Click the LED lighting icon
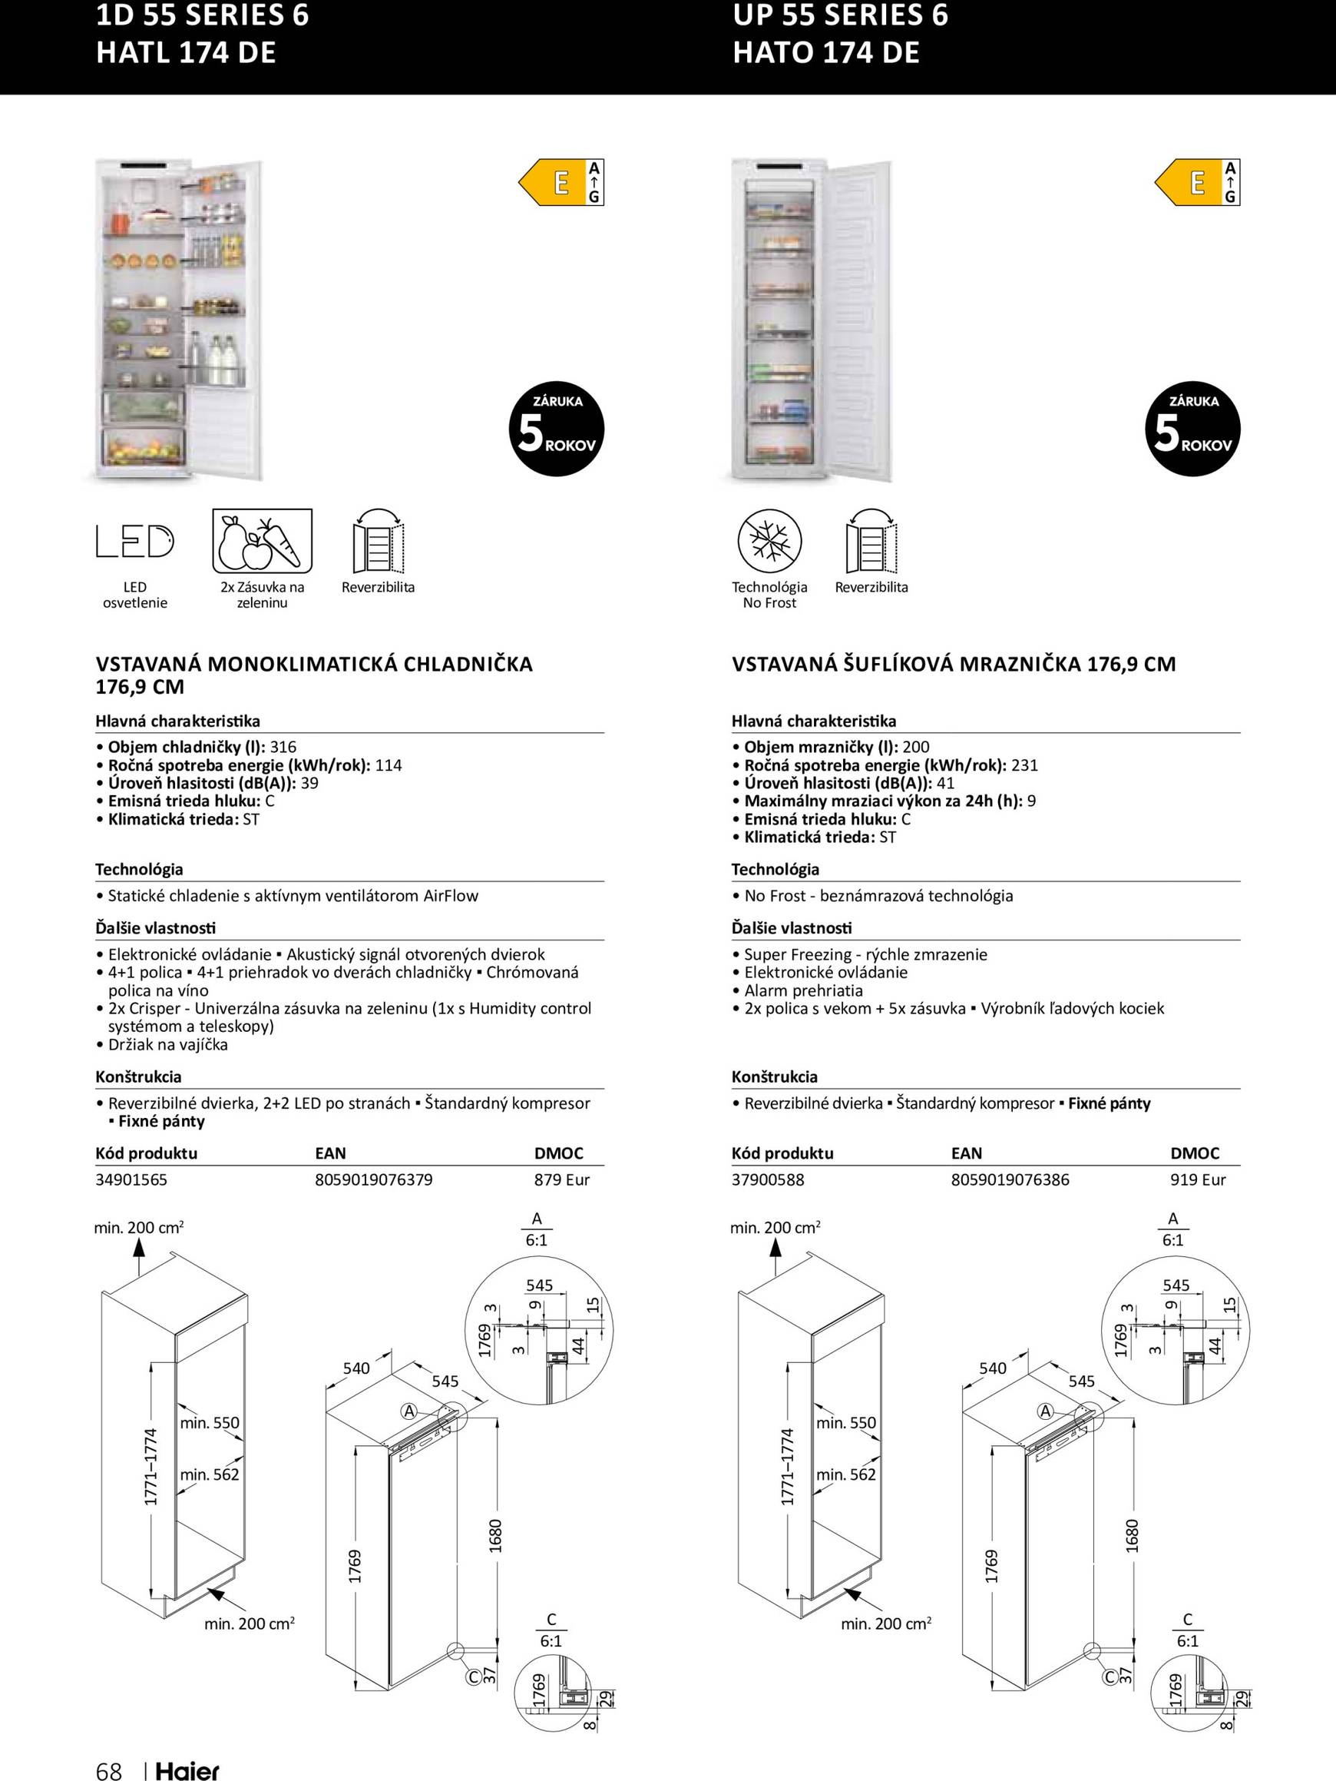point(134,541)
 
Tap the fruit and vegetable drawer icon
point(262,540)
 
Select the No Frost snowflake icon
point(769,540)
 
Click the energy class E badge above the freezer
point(1197,183)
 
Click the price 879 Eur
point(562,1179)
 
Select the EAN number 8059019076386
point(1010,1179)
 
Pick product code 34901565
point(131,1179)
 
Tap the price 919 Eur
point(1198,1179)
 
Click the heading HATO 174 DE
point(825,52)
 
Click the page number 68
point(109,1770)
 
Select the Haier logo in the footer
point(187,1770)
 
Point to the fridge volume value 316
point(283,746)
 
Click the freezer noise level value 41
point(946,783)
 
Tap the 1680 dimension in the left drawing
point(496,1535)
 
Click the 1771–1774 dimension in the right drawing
point(787,1467)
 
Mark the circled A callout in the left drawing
point(408,1411)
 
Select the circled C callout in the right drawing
point(1109,1677)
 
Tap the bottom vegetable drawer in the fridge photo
point(144,447)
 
